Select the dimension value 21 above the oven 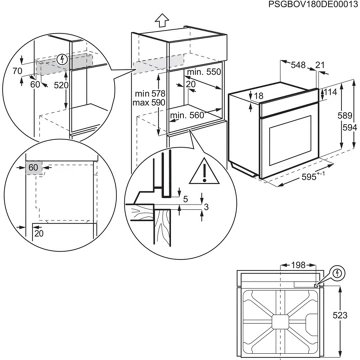(x=319, y=65)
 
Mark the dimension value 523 (x=341, y=315)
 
